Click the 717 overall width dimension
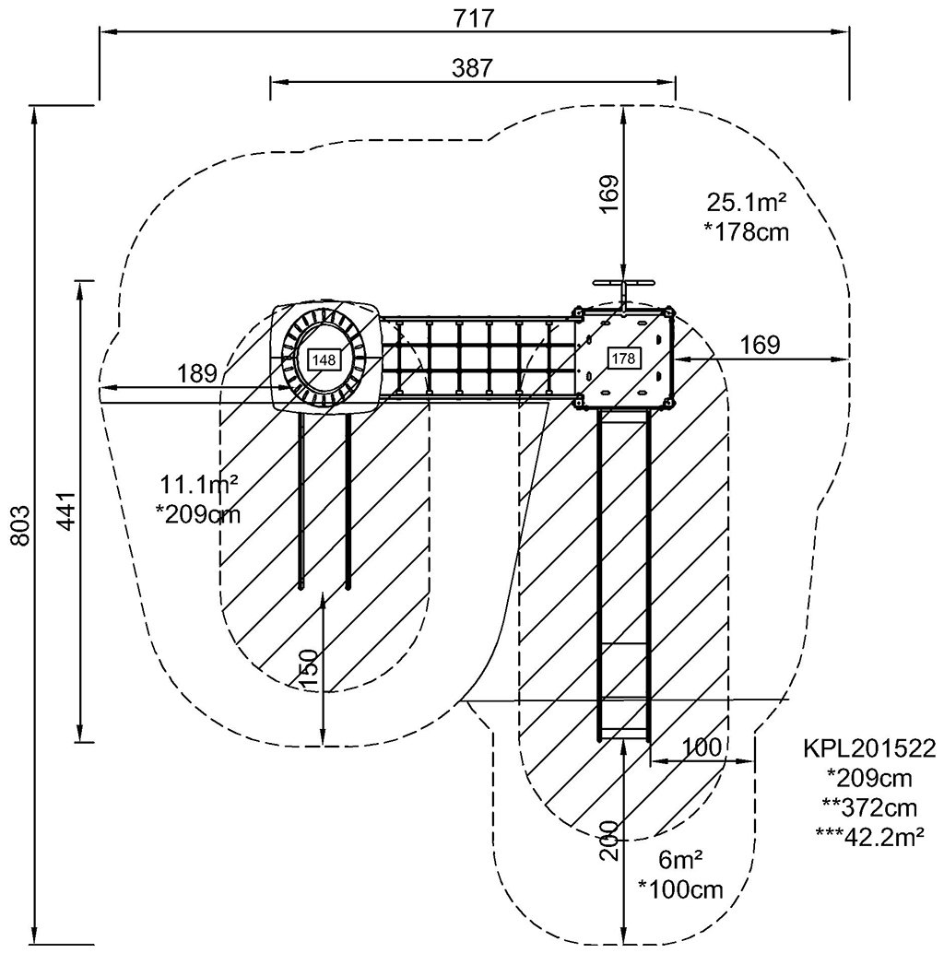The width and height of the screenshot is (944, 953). [474, 18]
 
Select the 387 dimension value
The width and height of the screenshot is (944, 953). [472, 67]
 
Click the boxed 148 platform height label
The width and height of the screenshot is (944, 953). [324, 359]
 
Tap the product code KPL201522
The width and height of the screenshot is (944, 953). [869, 747]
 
